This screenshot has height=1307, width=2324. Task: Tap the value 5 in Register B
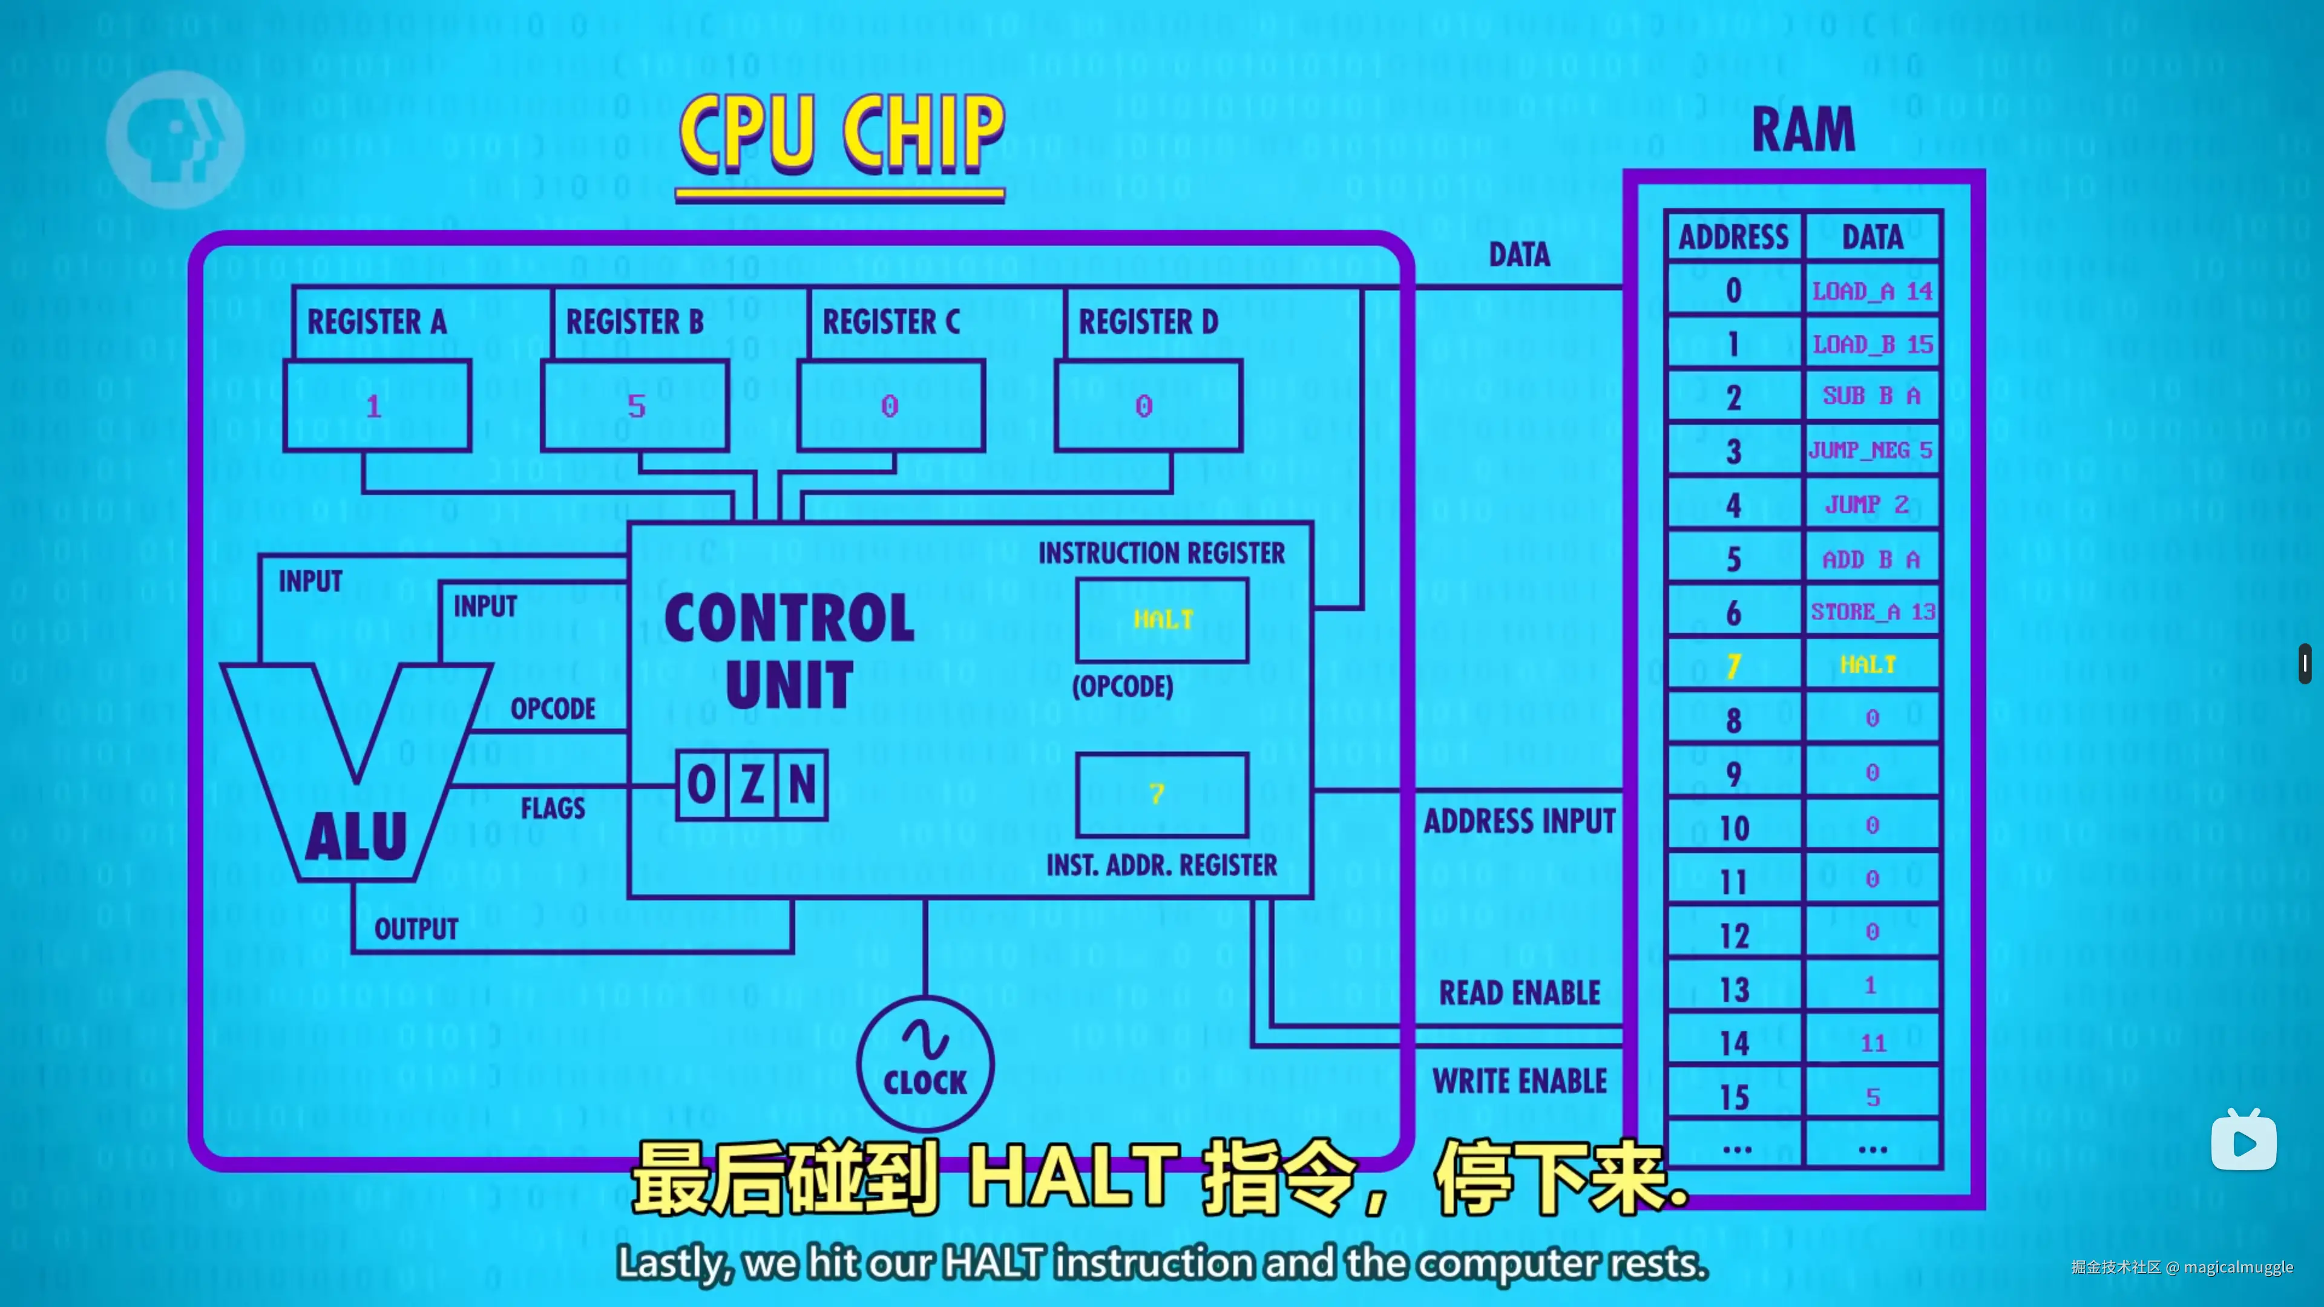point(636,406)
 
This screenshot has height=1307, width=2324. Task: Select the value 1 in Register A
point(373,406)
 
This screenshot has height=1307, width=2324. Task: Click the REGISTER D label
point(1147,322)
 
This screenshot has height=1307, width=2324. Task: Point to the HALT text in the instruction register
point(1163,620)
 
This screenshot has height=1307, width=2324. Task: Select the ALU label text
point(356,837)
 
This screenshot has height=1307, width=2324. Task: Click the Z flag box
point(752,785)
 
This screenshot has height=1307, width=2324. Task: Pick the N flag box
point(802,785)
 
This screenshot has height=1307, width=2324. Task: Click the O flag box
point(701,785)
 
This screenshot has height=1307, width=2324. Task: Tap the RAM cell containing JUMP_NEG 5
point(1871,450)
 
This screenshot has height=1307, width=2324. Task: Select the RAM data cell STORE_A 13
point(1872,612)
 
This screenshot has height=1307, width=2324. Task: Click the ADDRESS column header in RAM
point(1733,237)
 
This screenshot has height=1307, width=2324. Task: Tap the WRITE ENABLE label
point(1519,1081)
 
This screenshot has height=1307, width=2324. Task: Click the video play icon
point(2244,1142)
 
